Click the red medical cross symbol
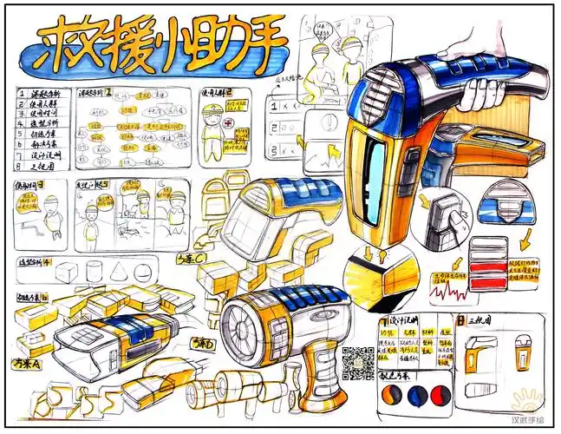tap(227, 124)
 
